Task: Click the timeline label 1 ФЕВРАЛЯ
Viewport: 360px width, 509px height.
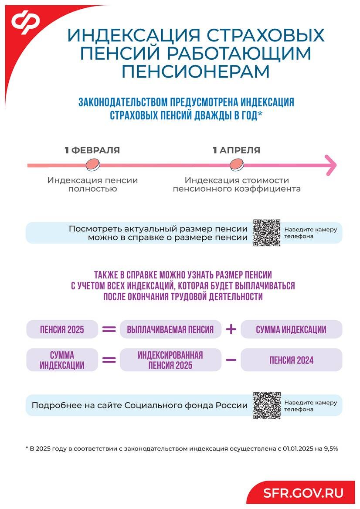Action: tap(92, 150)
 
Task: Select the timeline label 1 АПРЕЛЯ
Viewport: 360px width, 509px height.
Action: tap(236, 150)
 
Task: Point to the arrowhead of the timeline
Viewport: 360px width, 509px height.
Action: tap(331, 165)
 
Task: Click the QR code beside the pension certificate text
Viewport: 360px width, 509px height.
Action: tap(267, 233)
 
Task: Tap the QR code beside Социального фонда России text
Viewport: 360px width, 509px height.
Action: tap(267, 405)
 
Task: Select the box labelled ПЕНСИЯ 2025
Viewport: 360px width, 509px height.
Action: tap(62, 329)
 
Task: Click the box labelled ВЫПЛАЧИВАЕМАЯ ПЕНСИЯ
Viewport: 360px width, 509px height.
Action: tap(170, 329)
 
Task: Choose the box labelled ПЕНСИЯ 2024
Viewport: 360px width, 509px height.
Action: tap(291, 360)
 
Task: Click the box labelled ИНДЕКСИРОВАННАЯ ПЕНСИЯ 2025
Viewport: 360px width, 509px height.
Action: tap(170, 360)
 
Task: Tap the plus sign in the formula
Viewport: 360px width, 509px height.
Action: tap(231, 329)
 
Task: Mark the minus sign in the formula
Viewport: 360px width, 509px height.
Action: tap(231, 360)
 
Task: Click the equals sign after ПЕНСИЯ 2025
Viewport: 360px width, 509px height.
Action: tap(109, 329)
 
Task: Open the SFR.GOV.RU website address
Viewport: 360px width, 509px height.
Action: tap(303, 493)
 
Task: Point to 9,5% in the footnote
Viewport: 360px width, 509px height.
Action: tap(330, 448)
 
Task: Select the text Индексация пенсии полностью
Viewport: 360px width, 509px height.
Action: tap(92, 184)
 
